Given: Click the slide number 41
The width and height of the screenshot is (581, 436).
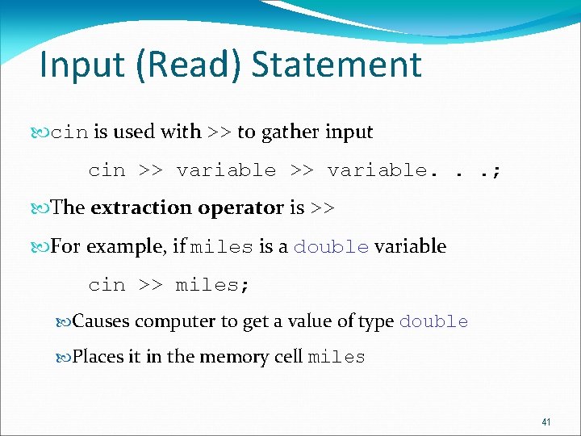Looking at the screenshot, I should [546, 422].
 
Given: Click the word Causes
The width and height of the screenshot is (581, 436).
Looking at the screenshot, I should [101, 321].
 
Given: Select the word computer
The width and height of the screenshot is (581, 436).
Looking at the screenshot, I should [168, 321].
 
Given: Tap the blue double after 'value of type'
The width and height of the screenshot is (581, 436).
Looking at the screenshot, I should [433, 322].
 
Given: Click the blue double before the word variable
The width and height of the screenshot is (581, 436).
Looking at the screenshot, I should [331, 247].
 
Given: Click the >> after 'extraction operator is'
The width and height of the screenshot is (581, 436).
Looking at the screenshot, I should [323, 208].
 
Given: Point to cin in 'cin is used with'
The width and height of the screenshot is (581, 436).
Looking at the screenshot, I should [69, 132].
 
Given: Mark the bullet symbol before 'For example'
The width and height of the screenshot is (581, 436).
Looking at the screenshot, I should [43, 246].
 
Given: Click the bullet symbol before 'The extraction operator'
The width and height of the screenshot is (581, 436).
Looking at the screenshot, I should [43, 208].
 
